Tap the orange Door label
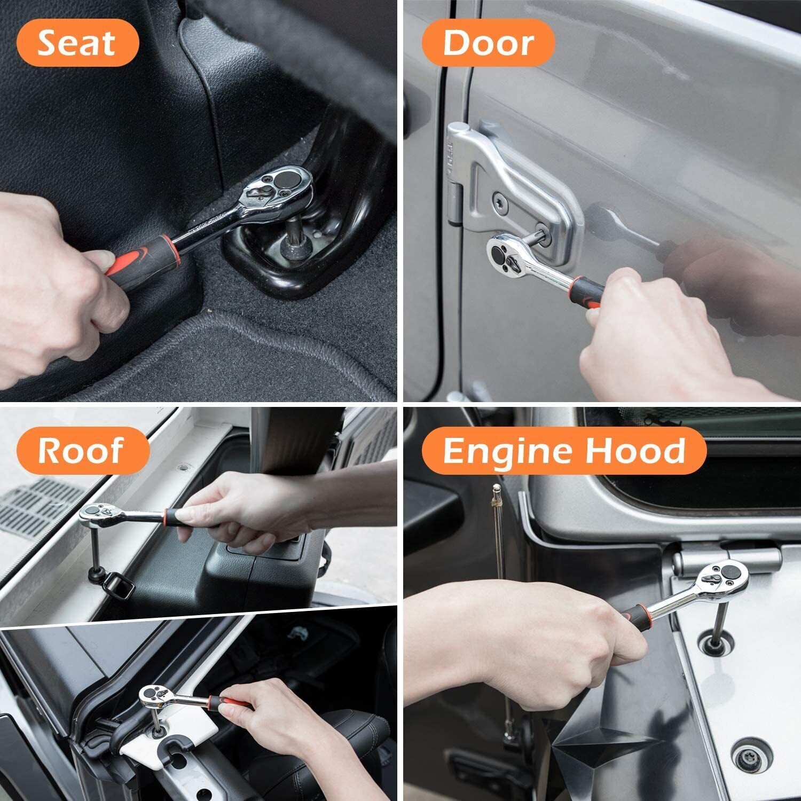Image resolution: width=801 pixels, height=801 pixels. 488,43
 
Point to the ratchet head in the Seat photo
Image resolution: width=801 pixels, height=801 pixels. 277,189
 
